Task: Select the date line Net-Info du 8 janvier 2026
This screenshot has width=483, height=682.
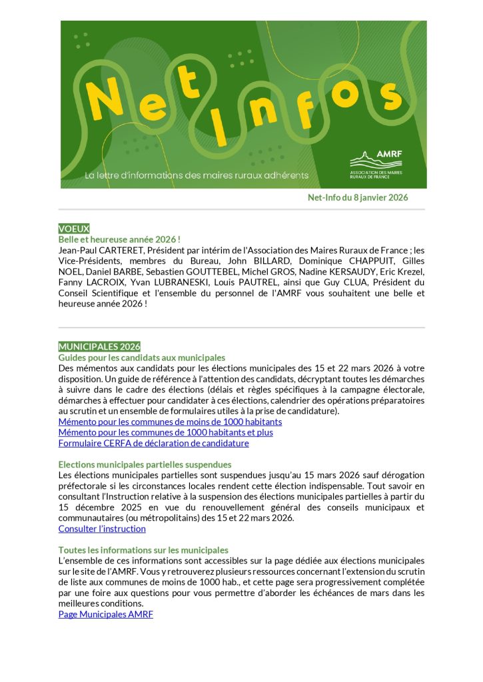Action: point(357,197)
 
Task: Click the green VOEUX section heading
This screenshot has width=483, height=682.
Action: point(74,228)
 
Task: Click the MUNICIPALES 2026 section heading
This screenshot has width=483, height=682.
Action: point(99,346)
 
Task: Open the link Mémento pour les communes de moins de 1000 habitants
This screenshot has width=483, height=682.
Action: point(170,422)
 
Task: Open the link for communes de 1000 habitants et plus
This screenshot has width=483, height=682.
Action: point(165,432)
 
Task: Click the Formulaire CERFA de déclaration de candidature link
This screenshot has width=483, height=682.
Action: point(153,443)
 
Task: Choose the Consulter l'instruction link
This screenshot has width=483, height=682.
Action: point(102,529)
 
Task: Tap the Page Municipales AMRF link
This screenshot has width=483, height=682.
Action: point(105,614)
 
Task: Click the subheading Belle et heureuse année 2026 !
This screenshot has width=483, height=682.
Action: point(120,238)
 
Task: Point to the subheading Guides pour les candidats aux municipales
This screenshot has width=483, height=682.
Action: point(142,358)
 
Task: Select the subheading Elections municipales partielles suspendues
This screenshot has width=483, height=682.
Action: point(145,464)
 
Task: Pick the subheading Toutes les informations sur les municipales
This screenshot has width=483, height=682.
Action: point(143,550)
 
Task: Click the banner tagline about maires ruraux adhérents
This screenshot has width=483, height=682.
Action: point(197,175)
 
